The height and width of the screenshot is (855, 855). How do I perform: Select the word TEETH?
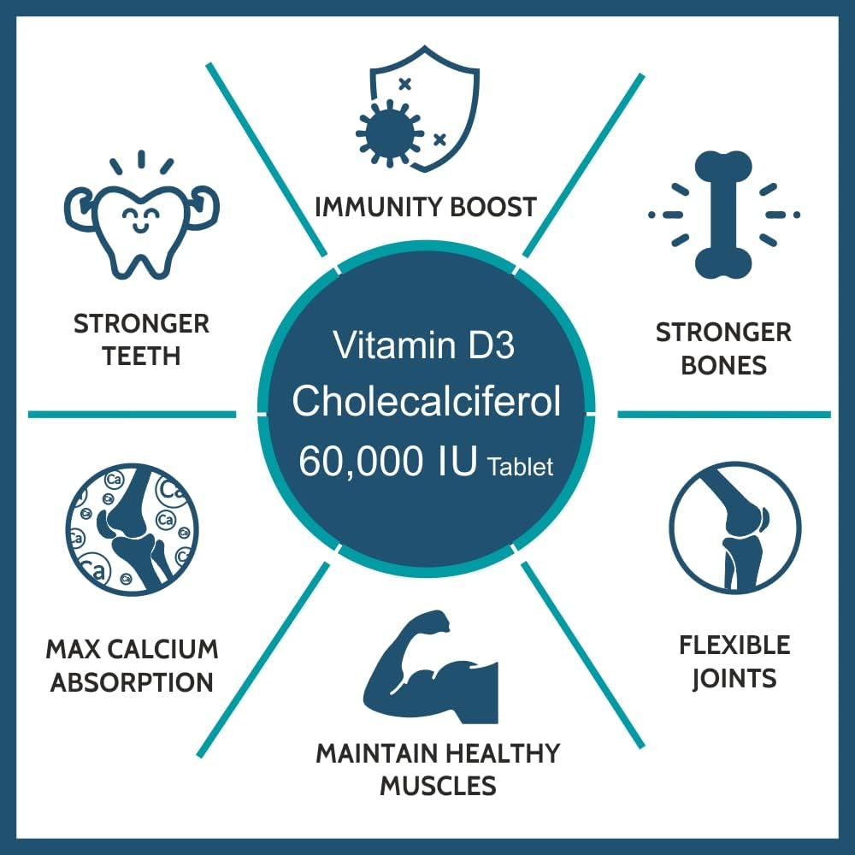click(x=142, y=356)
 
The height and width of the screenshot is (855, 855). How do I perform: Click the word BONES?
click(x=724, y=365)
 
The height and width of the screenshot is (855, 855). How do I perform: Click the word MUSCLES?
click(x=438, y=785)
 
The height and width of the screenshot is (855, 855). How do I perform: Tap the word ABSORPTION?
click(x=132, y=682)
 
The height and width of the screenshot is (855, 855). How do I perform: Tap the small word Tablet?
click(x=520, y=468)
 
